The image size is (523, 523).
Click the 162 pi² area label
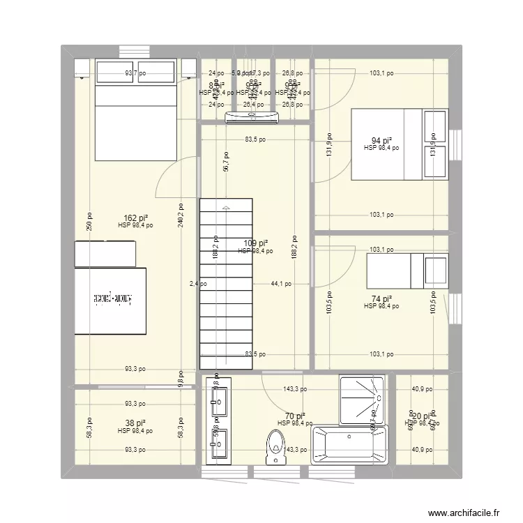tap(135, 218)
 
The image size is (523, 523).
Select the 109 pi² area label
tap(255, 243)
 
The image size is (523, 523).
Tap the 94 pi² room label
tap(381, 139)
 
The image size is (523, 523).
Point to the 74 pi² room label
tap(381, 298)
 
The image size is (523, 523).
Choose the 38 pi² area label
tap(135, 423)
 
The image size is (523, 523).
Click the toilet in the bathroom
tap(277, 446)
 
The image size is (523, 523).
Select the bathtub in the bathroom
tap(349, 444)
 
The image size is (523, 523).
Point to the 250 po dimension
tap(88, 220)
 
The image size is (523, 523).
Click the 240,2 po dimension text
tap(181, 215)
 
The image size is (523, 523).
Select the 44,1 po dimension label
tap(282, 284)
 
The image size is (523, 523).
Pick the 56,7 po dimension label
tap(225, 162)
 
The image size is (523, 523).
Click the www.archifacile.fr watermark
tap(463, 512)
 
